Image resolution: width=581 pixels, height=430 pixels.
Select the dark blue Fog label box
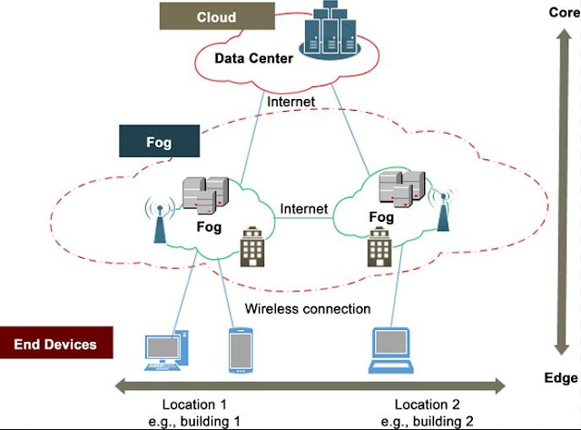click(159, 143)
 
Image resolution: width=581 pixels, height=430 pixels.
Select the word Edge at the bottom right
click(562, 378)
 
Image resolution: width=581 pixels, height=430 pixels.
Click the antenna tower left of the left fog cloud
click(160, 220)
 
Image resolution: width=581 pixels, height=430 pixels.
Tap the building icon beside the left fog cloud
click(251, 248)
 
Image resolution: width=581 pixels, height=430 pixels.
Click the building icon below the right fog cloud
click(379, 247)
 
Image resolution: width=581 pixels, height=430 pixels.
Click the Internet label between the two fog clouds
click(303, 209)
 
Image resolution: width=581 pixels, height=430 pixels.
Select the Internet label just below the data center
click(290, 102)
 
